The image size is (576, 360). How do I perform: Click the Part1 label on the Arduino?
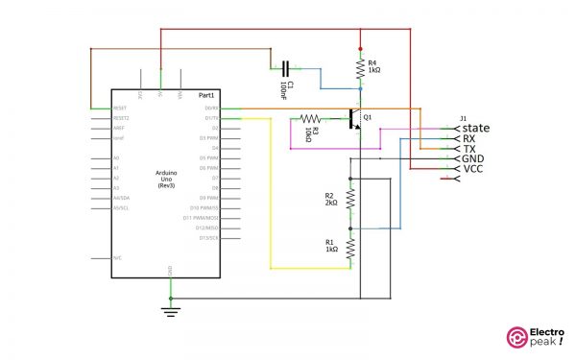click(x=206, y=97)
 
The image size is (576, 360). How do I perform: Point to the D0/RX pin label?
click(x=211, y=108)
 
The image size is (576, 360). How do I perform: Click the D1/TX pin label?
click(x=211, y=118)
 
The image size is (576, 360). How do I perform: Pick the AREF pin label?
click(x=119, y=128)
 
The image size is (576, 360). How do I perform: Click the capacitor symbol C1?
click(x=285, y=68)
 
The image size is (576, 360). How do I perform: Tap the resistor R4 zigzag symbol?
click(x=360, y=68)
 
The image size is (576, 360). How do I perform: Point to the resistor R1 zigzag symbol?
click(x=350, y=247)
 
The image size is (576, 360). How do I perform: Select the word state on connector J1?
click(x=475, y=128)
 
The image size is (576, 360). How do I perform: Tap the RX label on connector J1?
click(x=469, y=138)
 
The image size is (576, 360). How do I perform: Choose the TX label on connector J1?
click(x=469, y=149)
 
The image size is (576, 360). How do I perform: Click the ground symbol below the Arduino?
click(x=170, y=308)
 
